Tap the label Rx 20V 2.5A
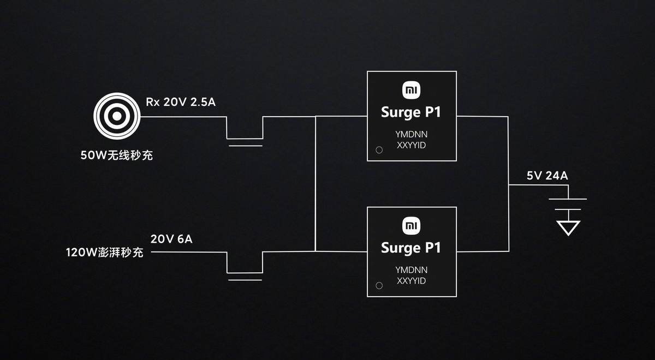tap(181, 102)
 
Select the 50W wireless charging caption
tap(117, 155)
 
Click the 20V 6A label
tap(171, 239)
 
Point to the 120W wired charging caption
tap(105, 253)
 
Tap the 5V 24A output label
tap(547, 176)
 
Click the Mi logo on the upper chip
tap(412, 91)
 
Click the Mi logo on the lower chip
tap(412, 226)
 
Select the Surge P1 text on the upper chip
tap(411, 113)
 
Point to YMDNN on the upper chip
tap(412, 134)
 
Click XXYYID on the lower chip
tap(412, 281)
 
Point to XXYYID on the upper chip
tap(412, 145)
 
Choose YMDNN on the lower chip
tap(412, 269)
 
